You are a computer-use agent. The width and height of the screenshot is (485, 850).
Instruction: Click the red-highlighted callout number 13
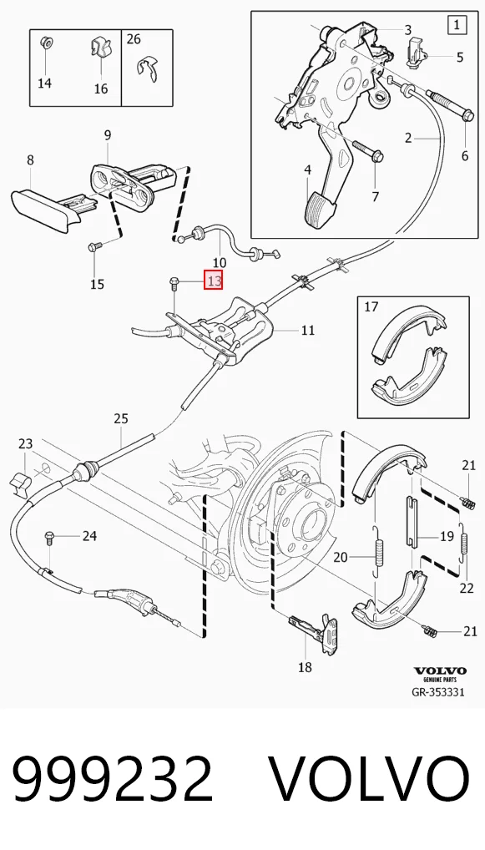(x=214, y=281)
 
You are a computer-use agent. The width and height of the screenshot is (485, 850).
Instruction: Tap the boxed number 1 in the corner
(x=457, y=24)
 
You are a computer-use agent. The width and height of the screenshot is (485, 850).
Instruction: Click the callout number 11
(x=307, y=329)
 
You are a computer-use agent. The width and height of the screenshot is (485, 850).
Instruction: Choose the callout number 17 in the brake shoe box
(x=371, y=306)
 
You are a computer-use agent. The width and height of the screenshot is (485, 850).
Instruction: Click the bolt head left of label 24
(x=48, y=537)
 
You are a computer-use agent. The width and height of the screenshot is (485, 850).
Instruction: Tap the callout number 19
(x=447, y=537)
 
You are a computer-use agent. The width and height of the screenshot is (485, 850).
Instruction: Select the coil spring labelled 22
(x=463, y=544)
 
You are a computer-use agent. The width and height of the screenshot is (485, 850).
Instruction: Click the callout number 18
(x=305, y=667)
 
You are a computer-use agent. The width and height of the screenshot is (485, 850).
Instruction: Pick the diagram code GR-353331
(x=438, y=692)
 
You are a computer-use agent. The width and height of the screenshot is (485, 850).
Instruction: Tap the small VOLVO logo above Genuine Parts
(x=439, y=671)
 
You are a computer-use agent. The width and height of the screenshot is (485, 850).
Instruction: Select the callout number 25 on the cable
(x=121, y=418)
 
